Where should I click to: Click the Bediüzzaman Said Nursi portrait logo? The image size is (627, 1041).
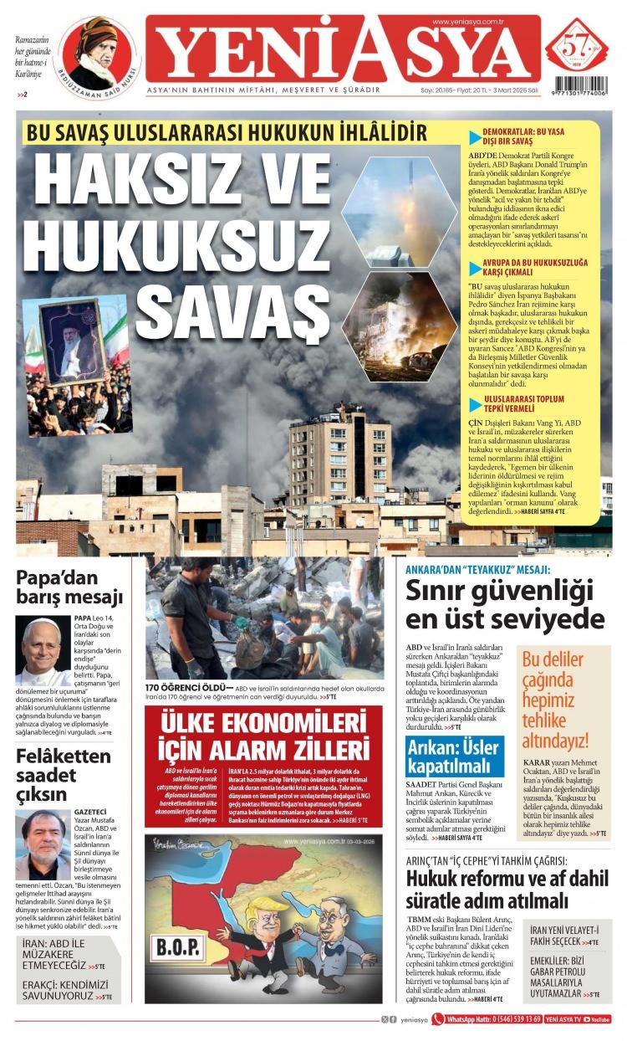click(x=97, y=54)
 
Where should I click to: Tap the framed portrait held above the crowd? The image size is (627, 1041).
click(x=74, y=340)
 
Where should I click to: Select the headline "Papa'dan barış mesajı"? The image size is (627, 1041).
click(x=69, y=587)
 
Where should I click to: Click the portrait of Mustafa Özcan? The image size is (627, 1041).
click(x=42, y=844)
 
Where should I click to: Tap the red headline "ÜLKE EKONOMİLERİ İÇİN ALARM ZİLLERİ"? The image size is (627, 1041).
click(x=263, y=735)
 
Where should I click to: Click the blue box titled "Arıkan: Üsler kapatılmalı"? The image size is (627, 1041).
click(x=455, y=756)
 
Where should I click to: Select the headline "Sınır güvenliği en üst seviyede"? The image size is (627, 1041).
click(x=504, y=605)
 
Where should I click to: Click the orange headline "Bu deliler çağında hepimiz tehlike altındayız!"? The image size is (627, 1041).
click(x=555, y=698)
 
